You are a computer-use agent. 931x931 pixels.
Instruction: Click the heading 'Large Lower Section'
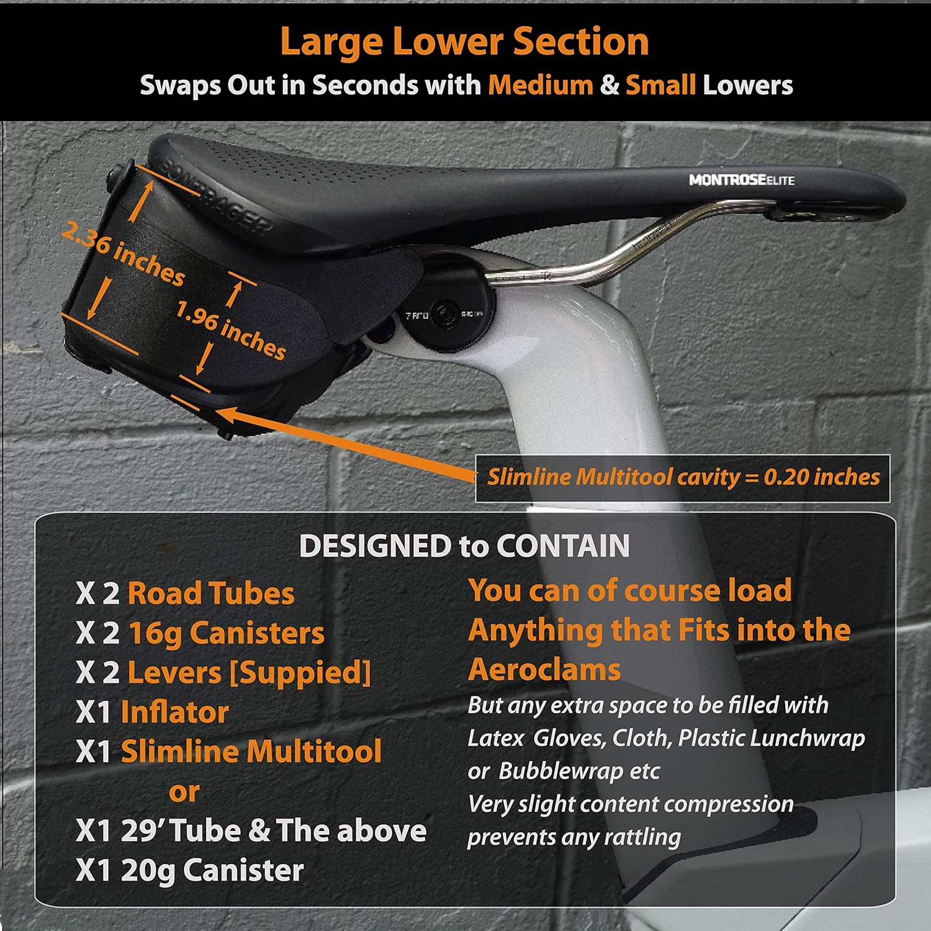(464, 42)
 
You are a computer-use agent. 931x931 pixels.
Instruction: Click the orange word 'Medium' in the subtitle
(540, 85)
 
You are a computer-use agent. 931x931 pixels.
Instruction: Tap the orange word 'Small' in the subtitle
(660, 85)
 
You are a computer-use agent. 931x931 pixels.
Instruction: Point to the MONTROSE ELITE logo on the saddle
(741, 180)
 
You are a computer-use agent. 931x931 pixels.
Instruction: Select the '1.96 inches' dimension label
(230, 330)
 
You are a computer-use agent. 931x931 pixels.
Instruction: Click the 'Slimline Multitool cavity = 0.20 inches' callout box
(683, 477)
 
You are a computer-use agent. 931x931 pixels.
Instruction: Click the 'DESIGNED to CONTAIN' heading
(464, 546)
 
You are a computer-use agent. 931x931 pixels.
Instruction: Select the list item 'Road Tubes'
(210, 593)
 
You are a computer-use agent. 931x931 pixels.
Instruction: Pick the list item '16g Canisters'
(226, 633)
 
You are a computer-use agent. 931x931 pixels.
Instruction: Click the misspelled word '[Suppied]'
(300, 673)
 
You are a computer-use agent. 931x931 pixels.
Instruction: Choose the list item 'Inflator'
(174, 713)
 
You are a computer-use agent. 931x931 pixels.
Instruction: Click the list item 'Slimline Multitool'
(251, 752)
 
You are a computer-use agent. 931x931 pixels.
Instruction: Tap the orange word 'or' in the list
(184, 791)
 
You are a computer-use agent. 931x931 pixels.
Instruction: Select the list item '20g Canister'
(212, 870)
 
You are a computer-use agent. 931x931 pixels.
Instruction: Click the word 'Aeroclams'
(544, 670)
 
